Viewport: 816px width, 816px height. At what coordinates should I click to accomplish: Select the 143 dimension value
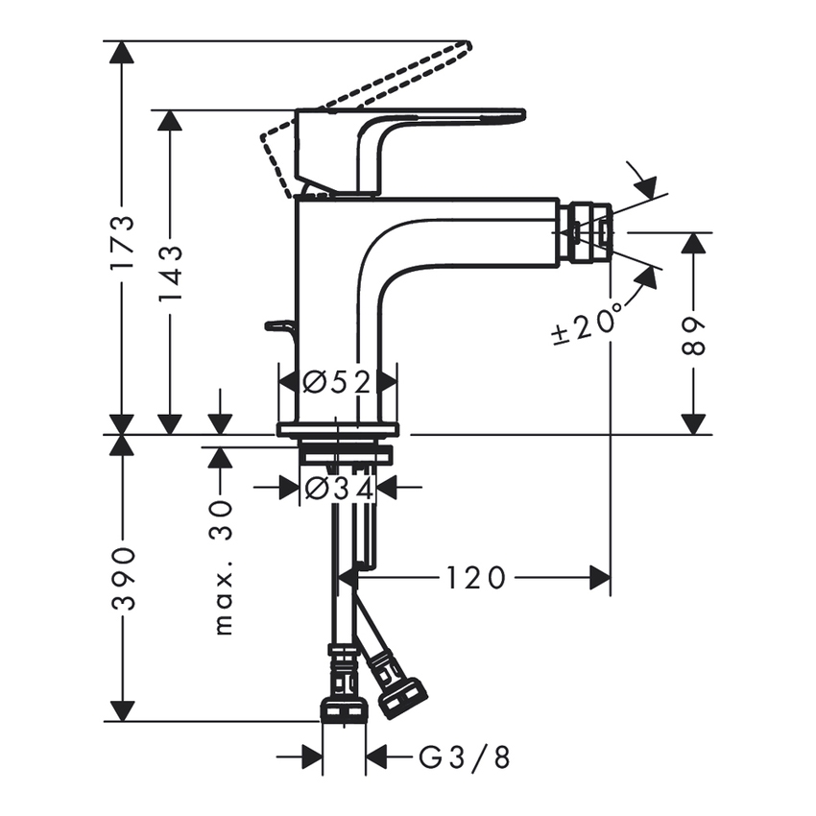tap(171, 275)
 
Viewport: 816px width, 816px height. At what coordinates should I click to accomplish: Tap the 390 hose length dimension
tap(123, 579)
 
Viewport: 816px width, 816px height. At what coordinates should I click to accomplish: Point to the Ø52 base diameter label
tap(337, 382)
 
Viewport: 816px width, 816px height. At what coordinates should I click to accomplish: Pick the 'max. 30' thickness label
tap(223, 565)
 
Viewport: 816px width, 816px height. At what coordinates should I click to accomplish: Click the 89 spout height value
tap(693, 335)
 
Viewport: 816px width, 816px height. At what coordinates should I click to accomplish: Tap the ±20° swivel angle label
tap(588, 324)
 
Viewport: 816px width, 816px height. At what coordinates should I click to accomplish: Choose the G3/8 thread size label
tap(465, 757)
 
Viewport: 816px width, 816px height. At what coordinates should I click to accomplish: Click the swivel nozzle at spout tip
tap(588, 231)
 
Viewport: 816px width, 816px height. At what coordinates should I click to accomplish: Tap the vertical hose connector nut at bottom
tap(343, 709)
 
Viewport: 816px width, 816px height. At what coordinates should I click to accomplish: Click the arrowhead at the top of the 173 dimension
tap(121, 53)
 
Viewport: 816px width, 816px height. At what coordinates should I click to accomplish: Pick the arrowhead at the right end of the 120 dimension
tap(600, 578)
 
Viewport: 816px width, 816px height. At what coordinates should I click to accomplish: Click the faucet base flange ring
tap(337, 429)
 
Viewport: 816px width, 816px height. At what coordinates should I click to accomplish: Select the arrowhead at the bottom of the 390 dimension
tap(121, 710)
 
